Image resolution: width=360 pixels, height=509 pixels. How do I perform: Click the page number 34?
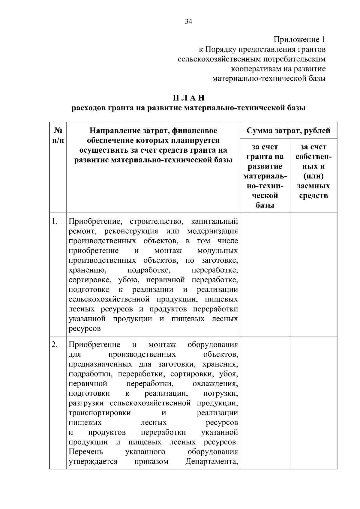188,22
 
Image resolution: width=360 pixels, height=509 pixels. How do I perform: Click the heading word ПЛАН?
188,98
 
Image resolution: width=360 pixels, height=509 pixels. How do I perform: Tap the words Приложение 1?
299,40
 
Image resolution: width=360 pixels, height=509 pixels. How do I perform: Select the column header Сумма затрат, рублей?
288,131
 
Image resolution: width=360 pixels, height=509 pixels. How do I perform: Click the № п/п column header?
58,135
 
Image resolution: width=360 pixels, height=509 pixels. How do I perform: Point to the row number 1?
54,222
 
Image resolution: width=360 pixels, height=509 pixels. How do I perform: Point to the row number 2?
54,345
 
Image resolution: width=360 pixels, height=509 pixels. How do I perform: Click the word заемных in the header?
313,186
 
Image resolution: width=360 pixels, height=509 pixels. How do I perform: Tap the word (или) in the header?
313,176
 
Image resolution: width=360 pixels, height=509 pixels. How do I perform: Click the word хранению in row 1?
87,270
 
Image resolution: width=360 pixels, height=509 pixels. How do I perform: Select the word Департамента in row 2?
211,461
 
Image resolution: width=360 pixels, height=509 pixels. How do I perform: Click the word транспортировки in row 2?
100,413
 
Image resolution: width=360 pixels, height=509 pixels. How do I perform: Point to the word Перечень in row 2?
86,452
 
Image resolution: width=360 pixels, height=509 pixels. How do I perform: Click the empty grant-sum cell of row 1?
265,274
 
